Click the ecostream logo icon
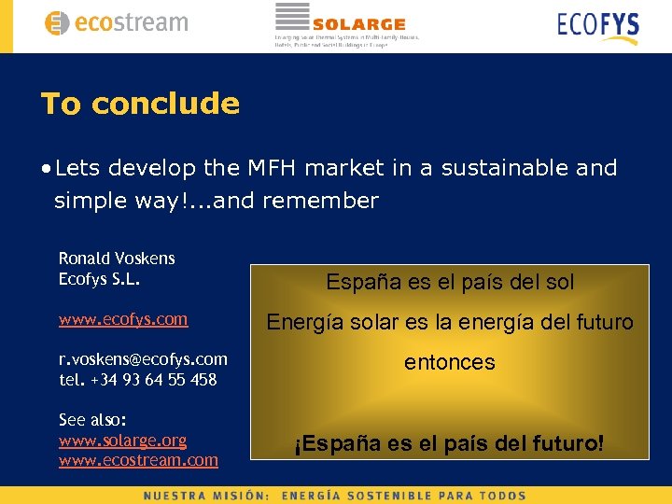coord(57,23)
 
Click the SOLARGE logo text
coord(358,24)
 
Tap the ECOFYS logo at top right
coord(597,25)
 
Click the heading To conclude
coord(140,104)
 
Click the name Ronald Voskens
coord(117,258)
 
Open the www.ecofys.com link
coord(123,319)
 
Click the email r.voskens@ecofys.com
coord(143,359)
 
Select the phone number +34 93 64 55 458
coord(153,380)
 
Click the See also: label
coord(92,420)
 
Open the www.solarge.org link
coord(122,440)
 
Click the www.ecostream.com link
coord(138,460)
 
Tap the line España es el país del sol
coord(450,282)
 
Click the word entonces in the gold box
coord(450,362)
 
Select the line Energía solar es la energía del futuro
coord(450,323)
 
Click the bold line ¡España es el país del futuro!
coord(450,443)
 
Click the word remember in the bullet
coord(321,201)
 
